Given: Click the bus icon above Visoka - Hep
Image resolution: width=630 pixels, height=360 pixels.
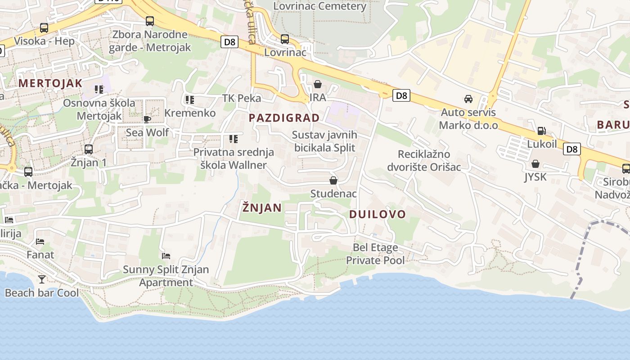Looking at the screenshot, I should tap(44, 27).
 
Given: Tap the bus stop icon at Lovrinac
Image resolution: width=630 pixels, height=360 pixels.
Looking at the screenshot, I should tap(284, 39).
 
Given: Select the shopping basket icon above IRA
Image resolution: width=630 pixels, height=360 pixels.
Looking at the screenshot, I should tap(318, 84).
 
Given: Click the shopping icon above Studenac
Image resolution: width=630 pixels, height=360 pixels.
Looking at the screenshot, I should tap(333, 180).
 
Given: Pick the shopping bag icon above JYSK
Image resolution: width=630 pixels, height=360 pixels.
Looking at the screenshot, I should tap(535, 164).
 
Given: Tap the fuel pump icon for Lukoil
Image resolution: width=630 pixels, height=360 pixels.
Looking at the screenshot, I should tap(542, 131).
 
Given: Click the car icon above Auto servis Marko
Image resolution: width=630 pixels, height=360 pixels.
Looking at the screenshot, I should tap(468, 99).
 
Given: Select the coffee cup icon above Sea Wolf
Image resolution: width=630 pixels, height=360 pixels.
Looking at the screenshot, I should tap(147, 119).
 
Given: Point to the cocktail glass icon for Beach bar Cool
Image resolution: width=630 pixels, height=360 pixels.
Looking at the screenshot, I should tap(42, 279).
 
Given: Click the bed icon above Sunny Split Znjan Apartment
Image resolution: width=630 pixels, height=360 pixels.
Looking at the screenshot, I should tap(166, 256).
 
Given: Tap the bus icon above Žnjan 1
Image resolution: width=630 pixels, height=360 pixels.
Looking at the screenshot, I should tap(89, 149).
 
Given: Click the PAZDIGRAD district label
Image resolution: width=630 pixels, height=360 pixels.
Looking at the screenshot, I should tap(284, 118).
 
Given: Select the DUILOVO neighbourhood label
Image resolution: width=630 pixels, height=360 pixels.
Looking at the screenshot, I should tap(378, 214).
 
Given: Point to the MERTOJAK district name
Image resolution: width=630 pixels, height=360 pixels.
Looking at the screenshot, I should tap(50, 83).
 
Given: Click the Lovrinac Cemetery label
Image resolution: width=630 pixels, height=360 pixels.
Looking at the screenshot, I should tap(320, 6).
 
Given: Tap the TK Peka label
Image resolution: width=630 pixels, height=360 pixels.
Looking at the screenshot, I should tap(242, 98).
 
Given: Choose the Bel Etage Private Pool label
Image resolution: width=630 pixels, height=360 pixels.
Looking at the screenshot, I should tap(375, 254).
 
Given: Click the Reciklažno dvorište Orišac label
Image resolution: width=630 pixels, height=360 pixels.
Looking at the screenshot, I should tap(424, 161).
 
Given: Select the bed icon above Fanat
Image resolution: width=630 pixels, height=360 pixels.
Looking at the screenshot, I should tap(40, 241).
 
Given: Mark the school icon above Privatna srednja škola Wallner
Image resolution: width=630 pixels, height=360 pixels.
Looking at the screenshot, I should tap(233, 139).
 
